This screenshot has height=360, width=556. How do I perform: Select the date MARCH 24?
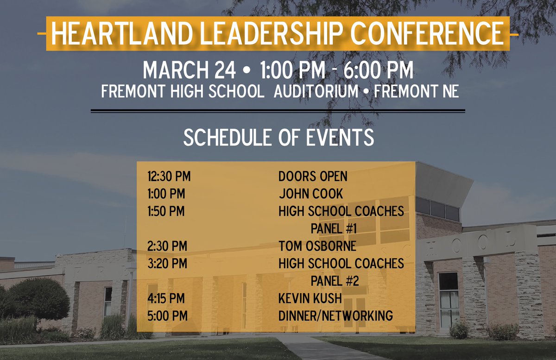(190, 70)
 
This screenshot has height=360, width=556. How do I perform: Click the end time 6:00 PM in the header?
(378, 70)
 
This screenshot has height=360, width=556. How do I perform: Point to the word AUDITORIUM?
(316, 91)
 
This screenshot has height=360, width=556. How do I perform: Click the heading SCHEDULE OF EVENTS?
(278, 138)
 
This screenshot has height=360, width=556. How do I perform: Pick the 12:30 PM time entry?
(169, 177)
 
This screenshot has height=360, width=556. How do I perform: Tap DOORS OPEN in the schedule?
(313, 177)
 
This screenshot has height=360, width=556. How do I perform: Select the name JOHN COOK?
(311, 194)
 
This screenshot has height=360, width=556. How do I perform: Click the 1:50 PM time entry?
(166, 211)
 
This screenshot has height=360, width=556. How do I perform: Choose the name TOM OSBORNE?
(317, 246)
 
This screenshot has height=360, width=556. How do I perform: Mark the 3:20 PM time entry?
(167, 264)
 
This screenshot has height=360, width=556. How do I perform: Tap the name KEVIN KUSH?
(310, 298)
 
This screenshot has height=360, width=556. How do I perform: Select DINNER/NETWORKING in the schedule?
(335, 316)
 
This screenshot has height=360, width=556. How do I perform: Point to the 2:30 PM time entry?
(167, 246)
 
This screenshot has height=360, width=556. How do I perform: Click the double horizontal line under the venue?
(278, 111)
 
